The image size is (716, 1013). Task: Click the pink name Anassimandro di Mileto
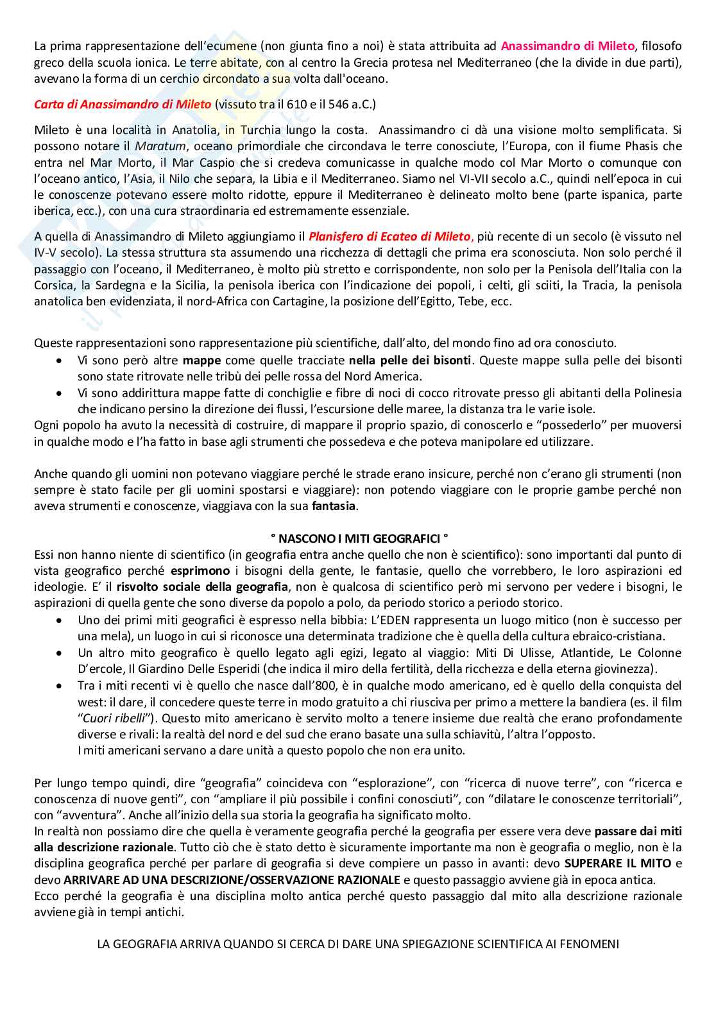(567, 46)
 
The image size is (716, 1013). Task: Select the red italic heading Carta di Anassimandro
(123, 104)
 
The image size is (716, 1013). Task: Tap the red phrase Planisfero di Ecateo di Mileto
(390, 237)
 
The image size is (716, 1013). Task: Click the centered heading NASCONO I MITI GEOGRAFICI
(357, 538)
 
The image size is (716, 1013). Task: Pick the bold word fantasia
(334, 506)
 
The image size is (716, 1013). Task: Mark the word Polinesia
(654, 393)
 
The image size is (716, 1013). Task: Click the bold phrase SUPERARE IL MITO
(618, 863)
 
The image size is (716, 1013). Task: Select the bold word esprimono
(200, 570)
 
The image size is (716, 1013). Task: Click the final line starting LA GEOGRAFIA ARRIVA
(357, 944)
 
